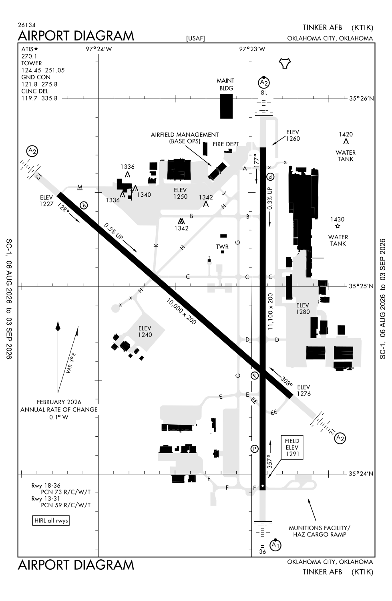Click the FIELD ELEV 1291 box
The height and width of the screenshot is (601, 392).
coord(292,447)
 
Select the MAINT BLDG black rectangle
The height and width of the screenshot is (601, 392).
coord(226,106)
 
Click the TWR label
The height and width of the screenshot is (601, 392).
coord(222,246)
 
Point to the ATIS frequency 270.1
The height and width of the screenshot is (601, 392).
coord(29,56)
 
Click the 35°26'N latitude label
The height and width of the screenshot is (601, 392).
coord(361,99)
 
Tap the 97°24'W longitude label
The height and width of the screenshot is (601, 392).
coord(99,49)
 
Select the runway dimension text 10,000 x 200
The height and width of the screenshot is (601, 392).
coord(181,311)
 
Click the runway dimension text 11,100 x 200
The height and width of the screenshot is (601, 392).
coord(270,311)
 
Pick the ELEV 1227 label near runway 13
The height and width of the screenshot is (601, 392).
coord(46,201)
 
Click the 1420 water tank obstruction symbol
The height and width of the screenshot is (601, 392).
coord(346,141)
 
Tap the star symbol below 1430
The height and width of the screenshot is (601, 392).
coord(338,226)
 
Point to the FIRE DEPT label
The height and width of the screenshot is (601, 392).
coord(226,144)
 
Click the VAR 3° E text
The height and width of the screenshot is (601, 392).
coord(71,363)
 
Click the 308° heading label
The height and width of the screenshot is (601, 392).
coord(286,381)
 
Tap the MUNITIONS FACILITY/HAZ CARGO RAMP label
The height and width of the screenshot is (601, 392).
coord(320,531)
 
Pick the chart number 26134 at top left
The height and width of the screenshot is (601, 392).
coord(27,25)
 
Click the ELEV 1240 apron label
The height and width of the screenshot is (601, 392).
coord(145,331)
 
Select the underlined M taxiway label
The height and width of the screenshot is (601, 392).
coord(80,187)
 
